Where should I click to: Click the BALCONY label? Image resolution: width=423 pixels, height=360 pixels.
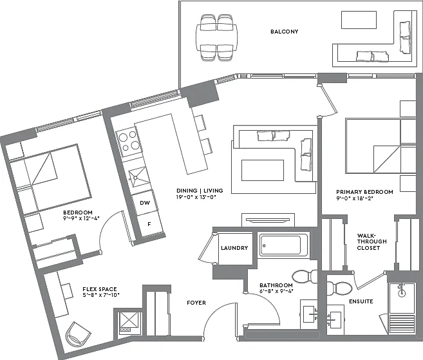[285, 32]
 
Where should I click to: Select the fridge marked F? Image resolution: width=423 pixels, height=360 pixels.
[150, 223]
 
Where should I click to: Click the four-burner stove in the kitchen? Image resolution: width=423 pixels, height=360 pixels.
[129, 142]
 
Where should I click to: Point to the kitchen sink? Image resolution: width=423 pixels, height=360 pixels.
[138, 176]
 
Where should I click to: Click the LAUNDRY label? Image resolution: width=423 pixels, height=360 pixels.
[234, 248]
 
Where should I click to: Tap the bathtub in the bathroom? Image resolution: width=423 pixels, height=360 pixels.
[283, 245]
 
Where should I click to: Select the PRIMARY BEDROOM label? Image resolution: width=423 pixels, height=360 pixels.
[364, 192]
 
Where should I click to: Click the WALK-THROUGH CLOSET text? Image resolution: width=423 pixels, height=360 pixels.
[371, 242]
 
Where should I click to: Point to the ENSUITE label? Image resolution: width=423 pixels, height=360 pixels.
[361, 301]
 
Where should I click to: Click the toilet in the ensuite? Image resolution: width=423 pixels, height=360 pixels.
[339, 289]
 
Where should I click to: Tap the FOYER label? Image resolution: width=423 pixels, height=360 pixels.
[196, 303]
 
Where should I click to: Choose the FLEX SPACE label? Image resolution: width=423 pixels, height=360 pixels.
[100, 289]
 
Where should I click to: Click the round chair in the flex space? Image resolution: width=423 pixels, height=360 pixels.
[79, 334]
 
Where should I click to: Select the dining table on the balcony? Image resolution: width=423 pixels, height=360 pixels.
[216, 37]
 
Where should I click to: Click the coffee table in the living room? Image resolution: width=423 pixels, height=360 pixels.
[263, 170]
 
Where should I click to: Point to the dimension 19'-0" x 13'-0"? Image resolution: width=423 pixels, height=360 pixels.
[196, 197]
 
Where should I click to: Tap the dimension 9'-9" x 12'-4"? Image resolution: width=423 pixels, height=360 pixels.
[82, 218]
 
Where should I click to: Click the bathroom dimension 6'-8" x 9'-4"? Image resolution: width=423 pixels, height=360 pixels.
[276, 291]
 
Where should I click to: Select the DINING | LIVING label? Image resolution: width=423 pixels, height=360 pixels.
[200, 191]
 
